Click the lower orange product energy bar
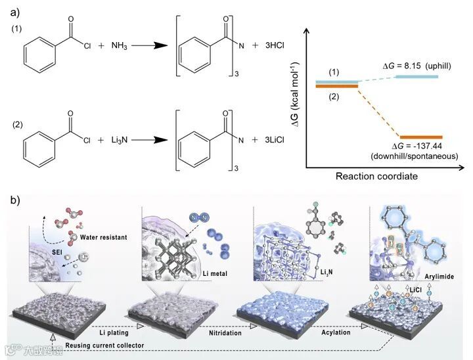[x=417, y=137]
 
